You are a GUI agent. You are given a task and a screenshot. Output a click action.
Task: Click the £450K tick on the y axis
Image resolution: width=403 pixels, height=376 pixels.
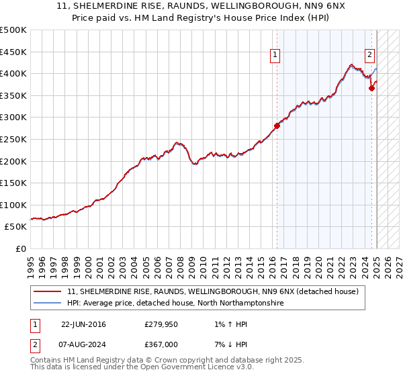point(13,52)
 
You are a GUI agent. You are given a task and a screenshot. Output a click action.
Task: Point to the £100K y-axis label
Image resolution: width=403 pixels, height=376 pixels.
point(13,205)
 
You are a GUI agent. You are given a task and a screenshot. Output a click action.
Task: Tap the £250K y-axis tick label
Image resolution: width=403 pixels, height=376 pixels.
point(13,139)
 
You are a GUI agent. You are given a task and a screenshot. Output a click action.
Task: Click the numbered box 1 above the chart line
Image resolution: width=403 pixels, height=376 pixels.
point(275,56)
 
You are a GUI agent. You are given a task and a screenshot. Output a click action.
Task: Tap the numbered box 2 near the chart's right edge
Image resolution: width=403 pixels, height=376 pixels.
point(370,56)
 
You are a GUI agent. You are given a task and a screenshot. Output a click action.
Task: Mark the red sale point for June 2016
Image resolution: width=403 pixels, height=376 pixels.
point(277,126)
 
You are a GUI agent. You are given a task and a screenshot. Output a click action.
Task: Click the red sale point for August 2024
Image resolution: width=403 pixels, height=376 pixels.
point(371,87)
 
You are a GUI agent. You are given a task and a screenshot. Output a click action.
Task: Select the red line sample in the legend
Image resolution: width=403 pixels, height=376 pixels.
point(47,292)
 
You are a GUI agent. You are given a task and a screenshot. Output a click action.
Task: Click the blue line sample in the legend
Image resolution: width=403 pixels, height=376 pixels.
point(47,303)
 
